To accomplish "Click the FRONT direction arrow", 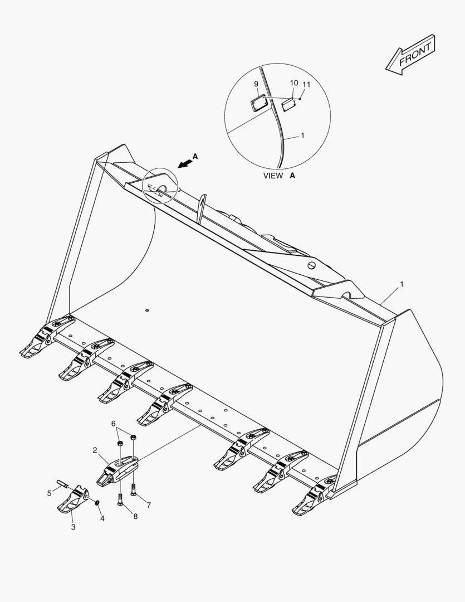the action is [x=410, y=55].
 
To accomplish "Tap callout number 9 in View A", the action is [x=256, y=84].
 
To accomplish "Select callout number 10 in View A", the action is [x=294, y=83].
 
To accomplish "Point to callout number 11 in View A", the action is [x=306, y=85].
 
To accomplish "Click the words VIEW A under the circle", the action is [x=280, y=176].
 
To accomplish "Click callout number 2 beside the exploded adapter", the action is [x=95, y=450].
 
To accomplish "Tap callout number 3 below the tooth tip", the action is [x=74, y=527].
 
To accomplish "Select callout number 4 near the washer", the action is [x=102, y=518].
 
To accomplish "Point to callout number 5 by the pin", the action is [x=49, y=493].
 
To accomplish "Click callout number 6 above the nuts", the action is [x=113, y=424].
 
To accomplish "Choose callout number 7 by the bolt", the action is [x=149, y=505].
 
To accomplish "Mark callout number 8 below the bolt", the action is [x=135, y=516].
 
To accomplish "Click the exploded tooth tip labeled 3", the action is [x=73, y=499].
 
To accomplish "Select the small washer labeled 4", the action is [x=97, y=503].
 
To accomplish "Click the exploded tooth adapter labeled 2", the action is [x=117, y=471].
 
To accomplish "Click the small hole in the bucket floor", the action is [x=147, y=310].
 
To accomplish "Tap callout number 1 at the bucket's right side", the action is [x=402, y=284].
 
